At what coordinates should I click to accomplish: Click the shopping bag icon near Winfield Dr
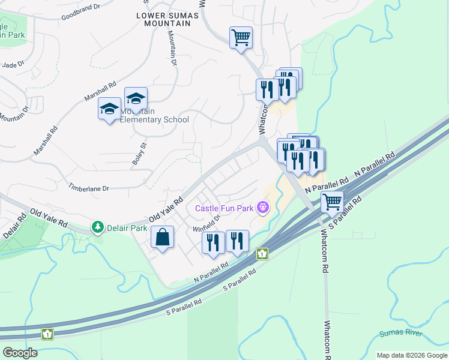163,238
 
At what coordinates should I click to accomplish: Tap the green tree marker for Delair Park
97,227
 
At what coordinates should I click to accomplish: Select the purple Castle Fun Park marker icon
262,208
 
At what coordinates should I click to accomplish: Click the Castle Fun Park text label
224,209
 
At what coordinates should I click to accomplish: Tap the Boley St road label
137,154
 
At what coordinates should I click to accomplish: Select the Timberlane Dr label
88,188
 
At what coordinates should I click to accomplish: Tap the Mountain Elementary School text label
155,115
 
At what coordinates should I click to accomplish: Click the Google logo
20,353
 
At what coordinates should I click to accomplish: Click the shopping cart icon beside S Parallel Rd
332,202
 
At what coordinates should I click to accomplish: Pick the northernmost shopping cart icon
241,38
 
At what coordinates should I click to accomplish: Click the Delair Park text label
127,227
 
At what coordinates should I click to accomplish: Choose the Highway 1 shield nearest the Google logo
47,333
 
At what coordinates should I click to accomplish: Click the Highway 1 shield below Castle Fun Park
262,254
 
